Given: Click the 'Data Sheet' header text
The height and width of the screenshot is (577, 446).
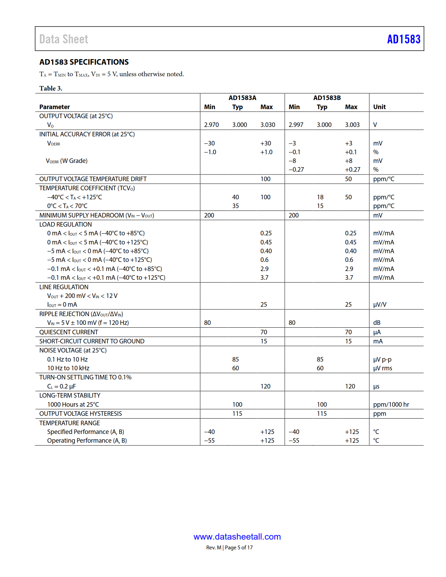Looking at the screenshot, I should coord(64,39).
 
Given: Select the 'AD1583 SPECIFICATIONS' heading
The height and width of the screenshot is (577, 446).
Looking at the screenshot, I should coord(84,62).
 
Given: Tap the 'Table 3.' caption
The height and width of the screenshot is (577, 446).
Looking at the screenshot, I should coord(51,88).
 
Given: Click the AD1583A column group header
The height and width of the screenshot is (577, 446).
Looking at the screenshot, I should coord(242,98).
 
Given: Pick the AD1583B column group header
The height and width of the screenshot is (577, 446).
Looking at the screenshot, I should coord(327,98).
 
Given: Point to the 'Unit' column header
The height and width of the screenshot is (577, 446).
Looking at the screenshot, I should coord(379,107).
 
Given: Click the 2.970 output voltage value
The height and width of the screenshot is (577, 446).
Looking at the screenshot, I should coord(211,125).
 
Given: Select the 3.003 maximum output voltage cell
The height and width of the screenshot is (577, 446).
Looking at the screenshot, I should coord(352,125).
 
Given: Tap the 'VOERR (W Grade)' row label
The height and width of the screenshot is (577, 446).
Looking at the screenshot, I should coord(67,161).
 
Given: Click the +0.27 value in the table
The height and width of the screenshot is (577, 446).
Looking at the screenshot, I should coord(352,170).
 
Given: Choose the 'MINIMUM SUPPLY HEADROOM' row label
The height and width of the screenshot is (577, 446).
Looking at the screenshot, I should coord(97,215).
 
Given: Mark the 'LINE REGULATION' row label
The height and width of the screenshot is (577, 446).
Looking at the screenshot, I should coord(64,287).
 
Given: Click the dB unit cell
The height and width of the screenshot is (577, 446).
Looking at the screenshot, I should coord(377,323).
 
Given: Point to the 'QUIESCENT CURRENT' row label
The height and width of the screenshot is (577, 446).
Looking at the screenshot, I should coord(69,332).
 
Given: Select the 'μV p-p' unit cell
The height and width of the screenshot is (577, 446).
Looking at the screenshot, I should coord(382,359).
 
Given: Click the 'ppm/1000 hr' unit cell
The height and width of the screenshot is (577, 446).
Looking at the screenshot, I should coord(391,405).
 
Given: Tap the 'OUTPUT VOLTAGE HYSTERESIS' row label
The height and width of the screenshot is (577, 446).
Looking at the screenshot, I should coord(80,414).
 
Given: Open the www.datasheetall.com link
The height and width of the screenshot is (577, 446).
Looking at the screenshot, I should coord(237,537).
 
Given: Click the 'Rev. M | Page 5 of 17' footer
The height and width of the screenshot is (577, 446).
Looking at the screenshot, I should coord(229,548).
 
